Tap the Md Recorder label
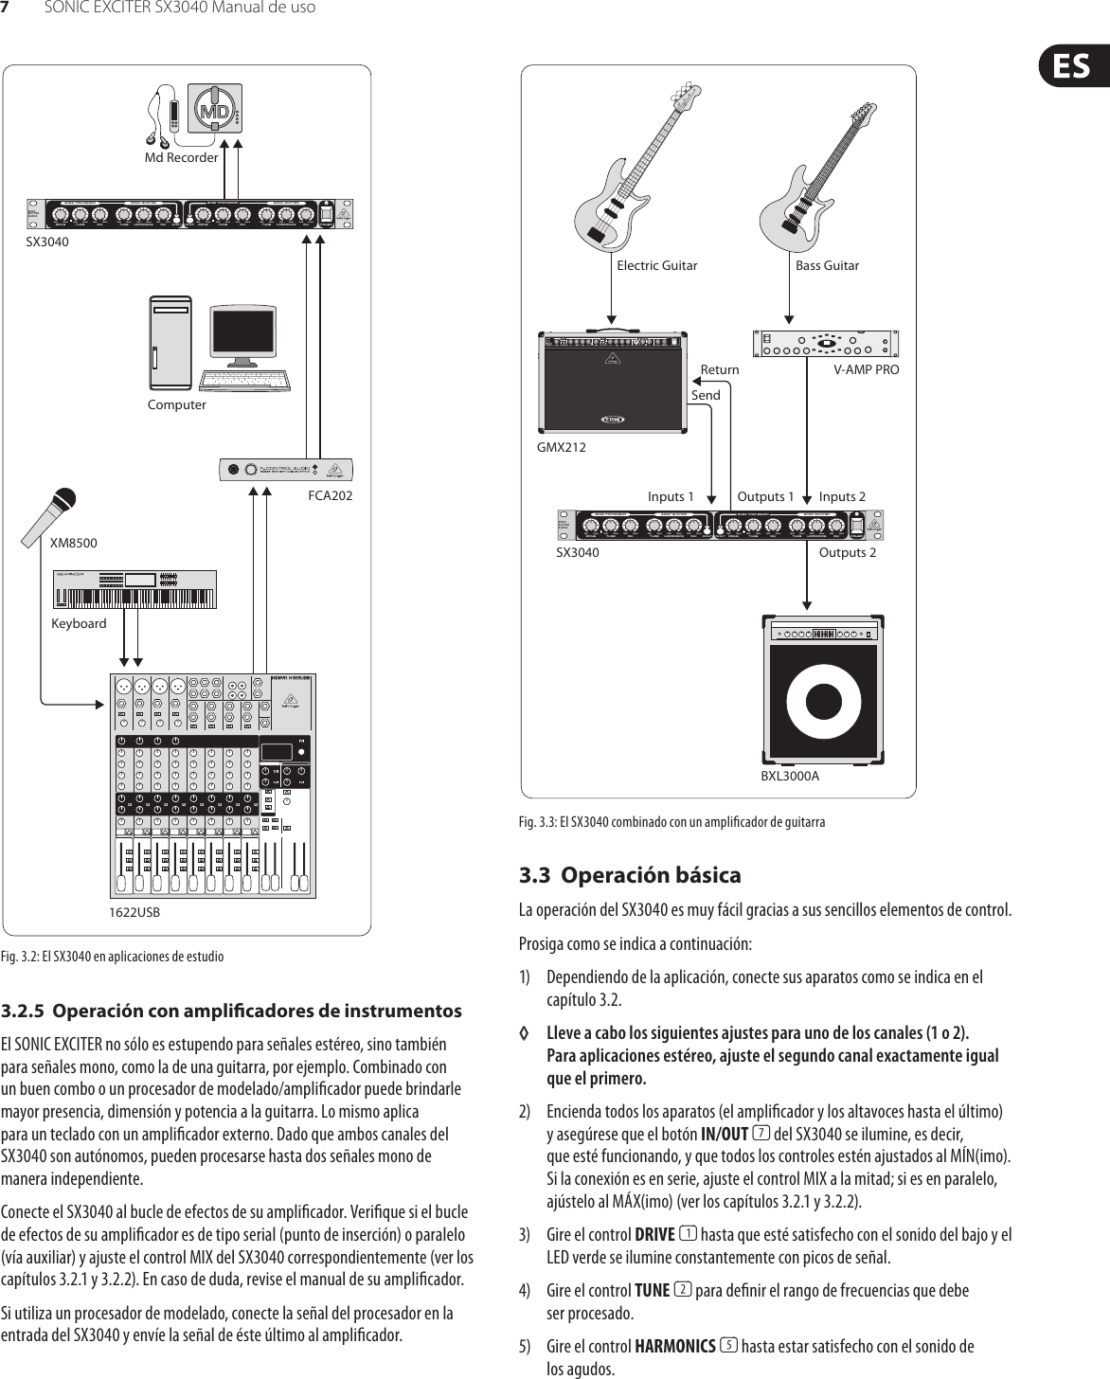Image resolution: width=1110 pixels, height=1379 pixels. (181, 157)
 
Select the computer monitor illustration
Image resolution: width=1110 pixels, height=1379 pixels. (243, 340)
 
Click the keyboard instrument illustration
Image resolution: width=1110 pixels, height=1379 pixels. (134, 589)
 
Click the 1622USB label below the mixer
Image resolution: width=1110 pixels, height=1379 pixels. (134, 913)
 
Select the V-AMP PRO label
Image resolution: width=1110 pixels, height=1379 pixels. (866, 369)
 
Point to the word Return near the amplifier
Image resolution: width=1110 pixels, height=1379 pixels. (720, 369)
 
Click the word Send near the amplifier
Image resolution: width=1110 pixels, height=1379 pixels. (706, 395)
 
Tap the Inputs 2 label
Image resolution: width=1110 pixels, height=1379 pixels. (842, 496)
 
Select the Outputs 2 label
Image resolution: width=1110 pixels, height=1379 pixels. (847, 552)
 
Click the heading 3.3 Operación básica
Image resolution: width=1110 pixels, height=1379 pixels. (630, 874)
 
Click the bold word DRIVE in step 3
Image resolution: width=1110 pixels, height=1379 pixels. (654, 1234)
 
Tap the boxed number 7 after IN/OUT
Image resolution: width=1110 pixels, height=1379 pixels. (761, 1134)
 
